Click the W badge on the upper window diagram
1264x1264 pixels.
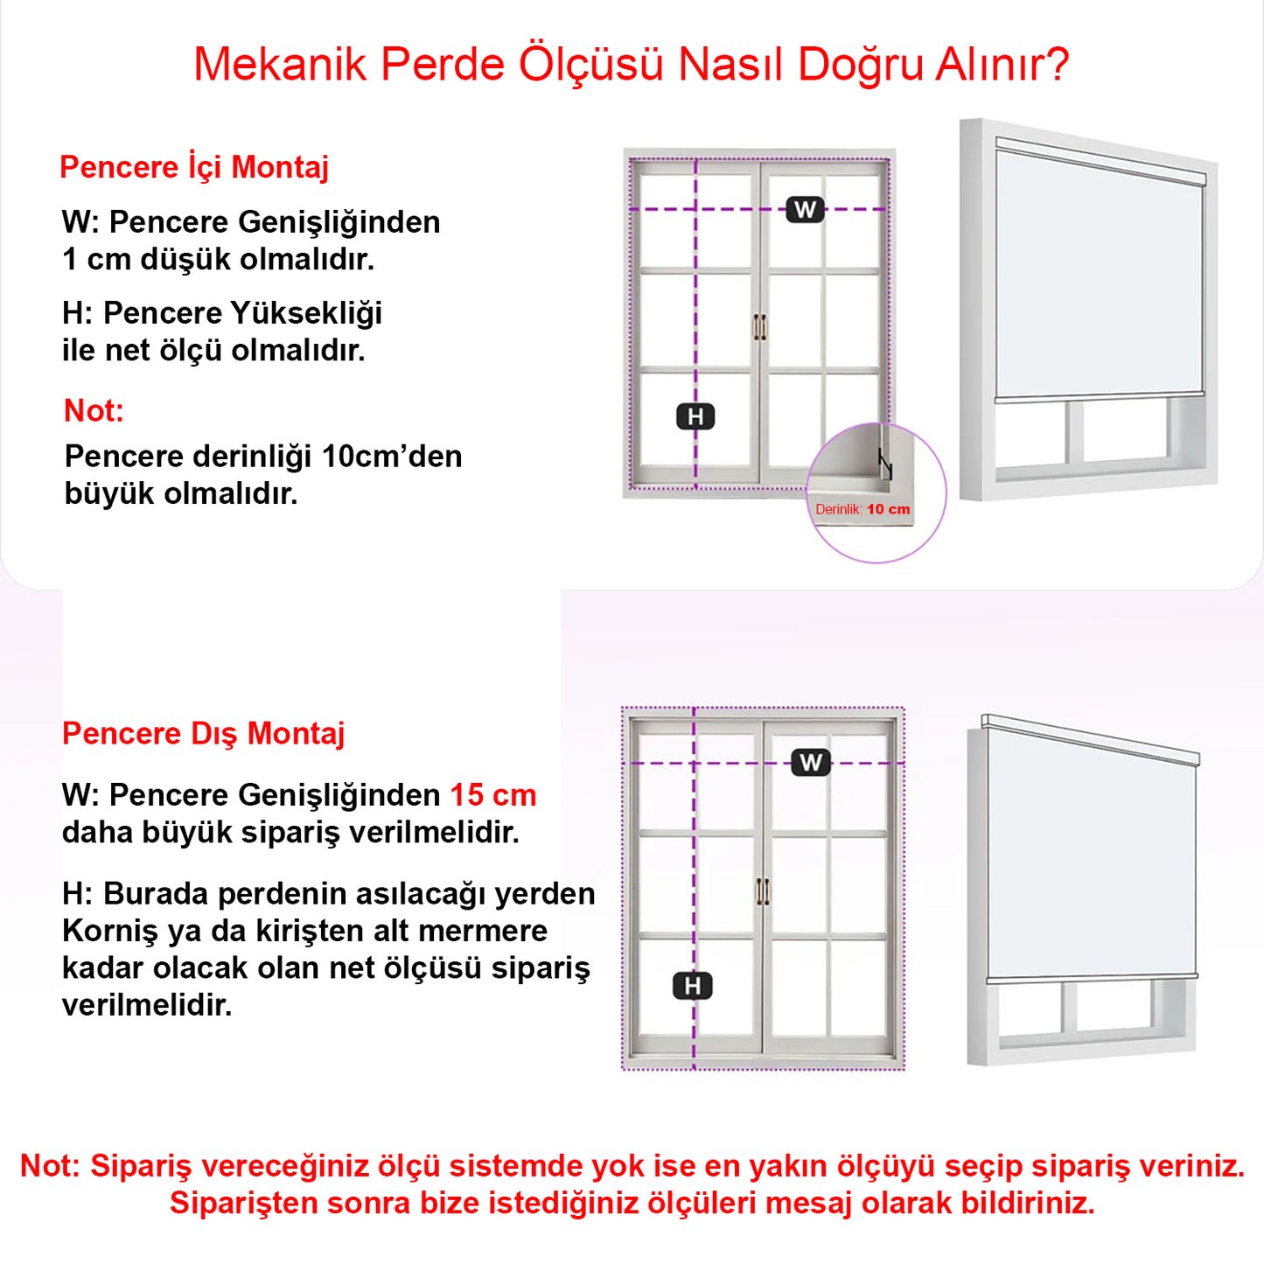(805, 210)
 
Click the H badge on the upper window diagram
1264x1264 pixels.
(695, 416)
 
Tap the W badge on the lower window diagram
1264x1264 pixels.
(811, 763)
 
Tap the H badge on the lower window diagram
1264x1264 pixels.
(693, 986)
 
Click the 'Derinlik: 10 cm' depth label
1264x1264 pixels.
(862, 509)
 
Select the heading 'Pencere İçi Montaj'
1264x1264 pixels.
(194, 166)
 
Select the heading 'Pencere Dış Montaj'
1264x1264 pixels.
(203, 733)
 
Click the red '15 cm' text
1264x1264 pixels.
(492, 795)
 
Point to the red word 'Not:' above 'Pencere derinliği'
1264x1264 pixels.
(94, 410)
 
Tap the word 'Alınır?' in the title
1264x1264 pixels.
(1002, 65)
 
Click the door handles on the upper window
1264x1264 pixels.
(759, 326)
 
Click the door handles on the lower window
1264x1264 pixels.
(763, 891)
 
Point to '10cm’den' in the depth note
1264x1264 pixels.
(391, 457)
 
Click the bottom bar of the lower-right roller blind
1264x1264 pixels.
(1092, 978)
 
